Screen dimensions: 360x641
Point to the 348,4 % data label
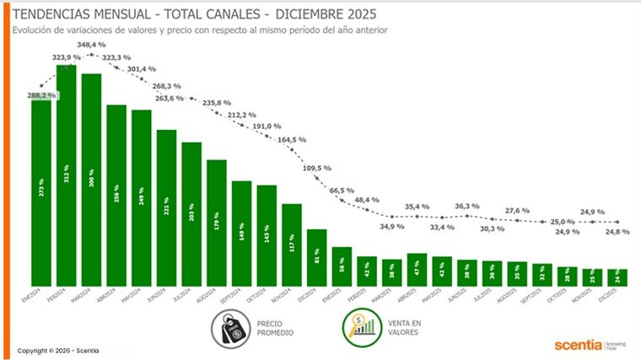[x=91, y=44]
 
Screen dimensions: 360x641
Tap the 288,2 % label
[x=41, y=95]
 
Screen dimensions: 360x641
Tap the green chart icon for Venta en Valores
[x=359, y=327]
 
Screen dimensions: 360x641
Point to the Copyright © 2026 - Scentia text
[x=57, y=350]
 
